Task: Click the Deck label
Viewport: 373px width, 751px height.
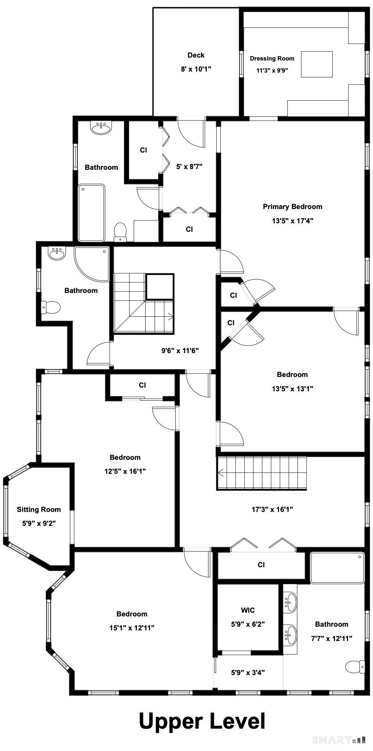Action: point(196,55)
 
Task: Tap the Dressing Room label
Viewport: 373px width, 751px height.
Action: point(272,58)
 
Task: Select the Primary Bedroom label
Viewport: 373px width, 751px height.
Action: point(292,206)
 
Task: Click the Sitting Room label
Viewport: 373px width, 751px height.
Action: point(39,509)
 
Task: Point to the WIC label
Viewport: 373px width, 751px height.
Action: point(248,610)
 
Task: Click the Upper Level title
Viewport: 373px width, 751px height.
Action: point(202,721)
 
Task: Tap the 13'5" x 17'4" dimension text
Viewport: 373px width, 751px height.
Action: point(292,221)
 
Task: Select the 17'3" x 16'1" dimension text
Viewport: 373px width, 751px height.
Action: point(272,509)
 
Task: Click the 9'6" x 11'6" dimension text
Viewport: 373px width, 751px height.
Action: point(180,351)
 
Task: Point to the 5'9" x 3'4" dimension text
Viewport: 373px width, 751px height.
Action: point(248,673)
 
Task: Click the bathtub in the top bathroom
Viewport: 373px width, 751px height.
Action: point(91,213)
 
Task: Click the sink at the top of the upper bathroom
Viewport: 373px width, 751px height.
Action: point(101,128)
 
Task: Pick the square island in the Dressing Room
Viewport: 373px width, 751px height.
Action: point(317,64)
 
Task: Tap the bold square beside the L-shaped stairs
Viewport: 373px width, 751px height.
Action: point(160,287)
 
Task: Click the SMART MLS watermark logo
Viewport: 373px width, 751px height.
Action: point(339,740)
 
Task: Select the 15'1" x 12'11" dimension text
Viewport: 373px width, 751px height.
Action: point(132,627)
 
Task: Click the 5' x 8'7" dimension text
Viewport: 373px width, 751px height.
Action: point(189,166)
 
